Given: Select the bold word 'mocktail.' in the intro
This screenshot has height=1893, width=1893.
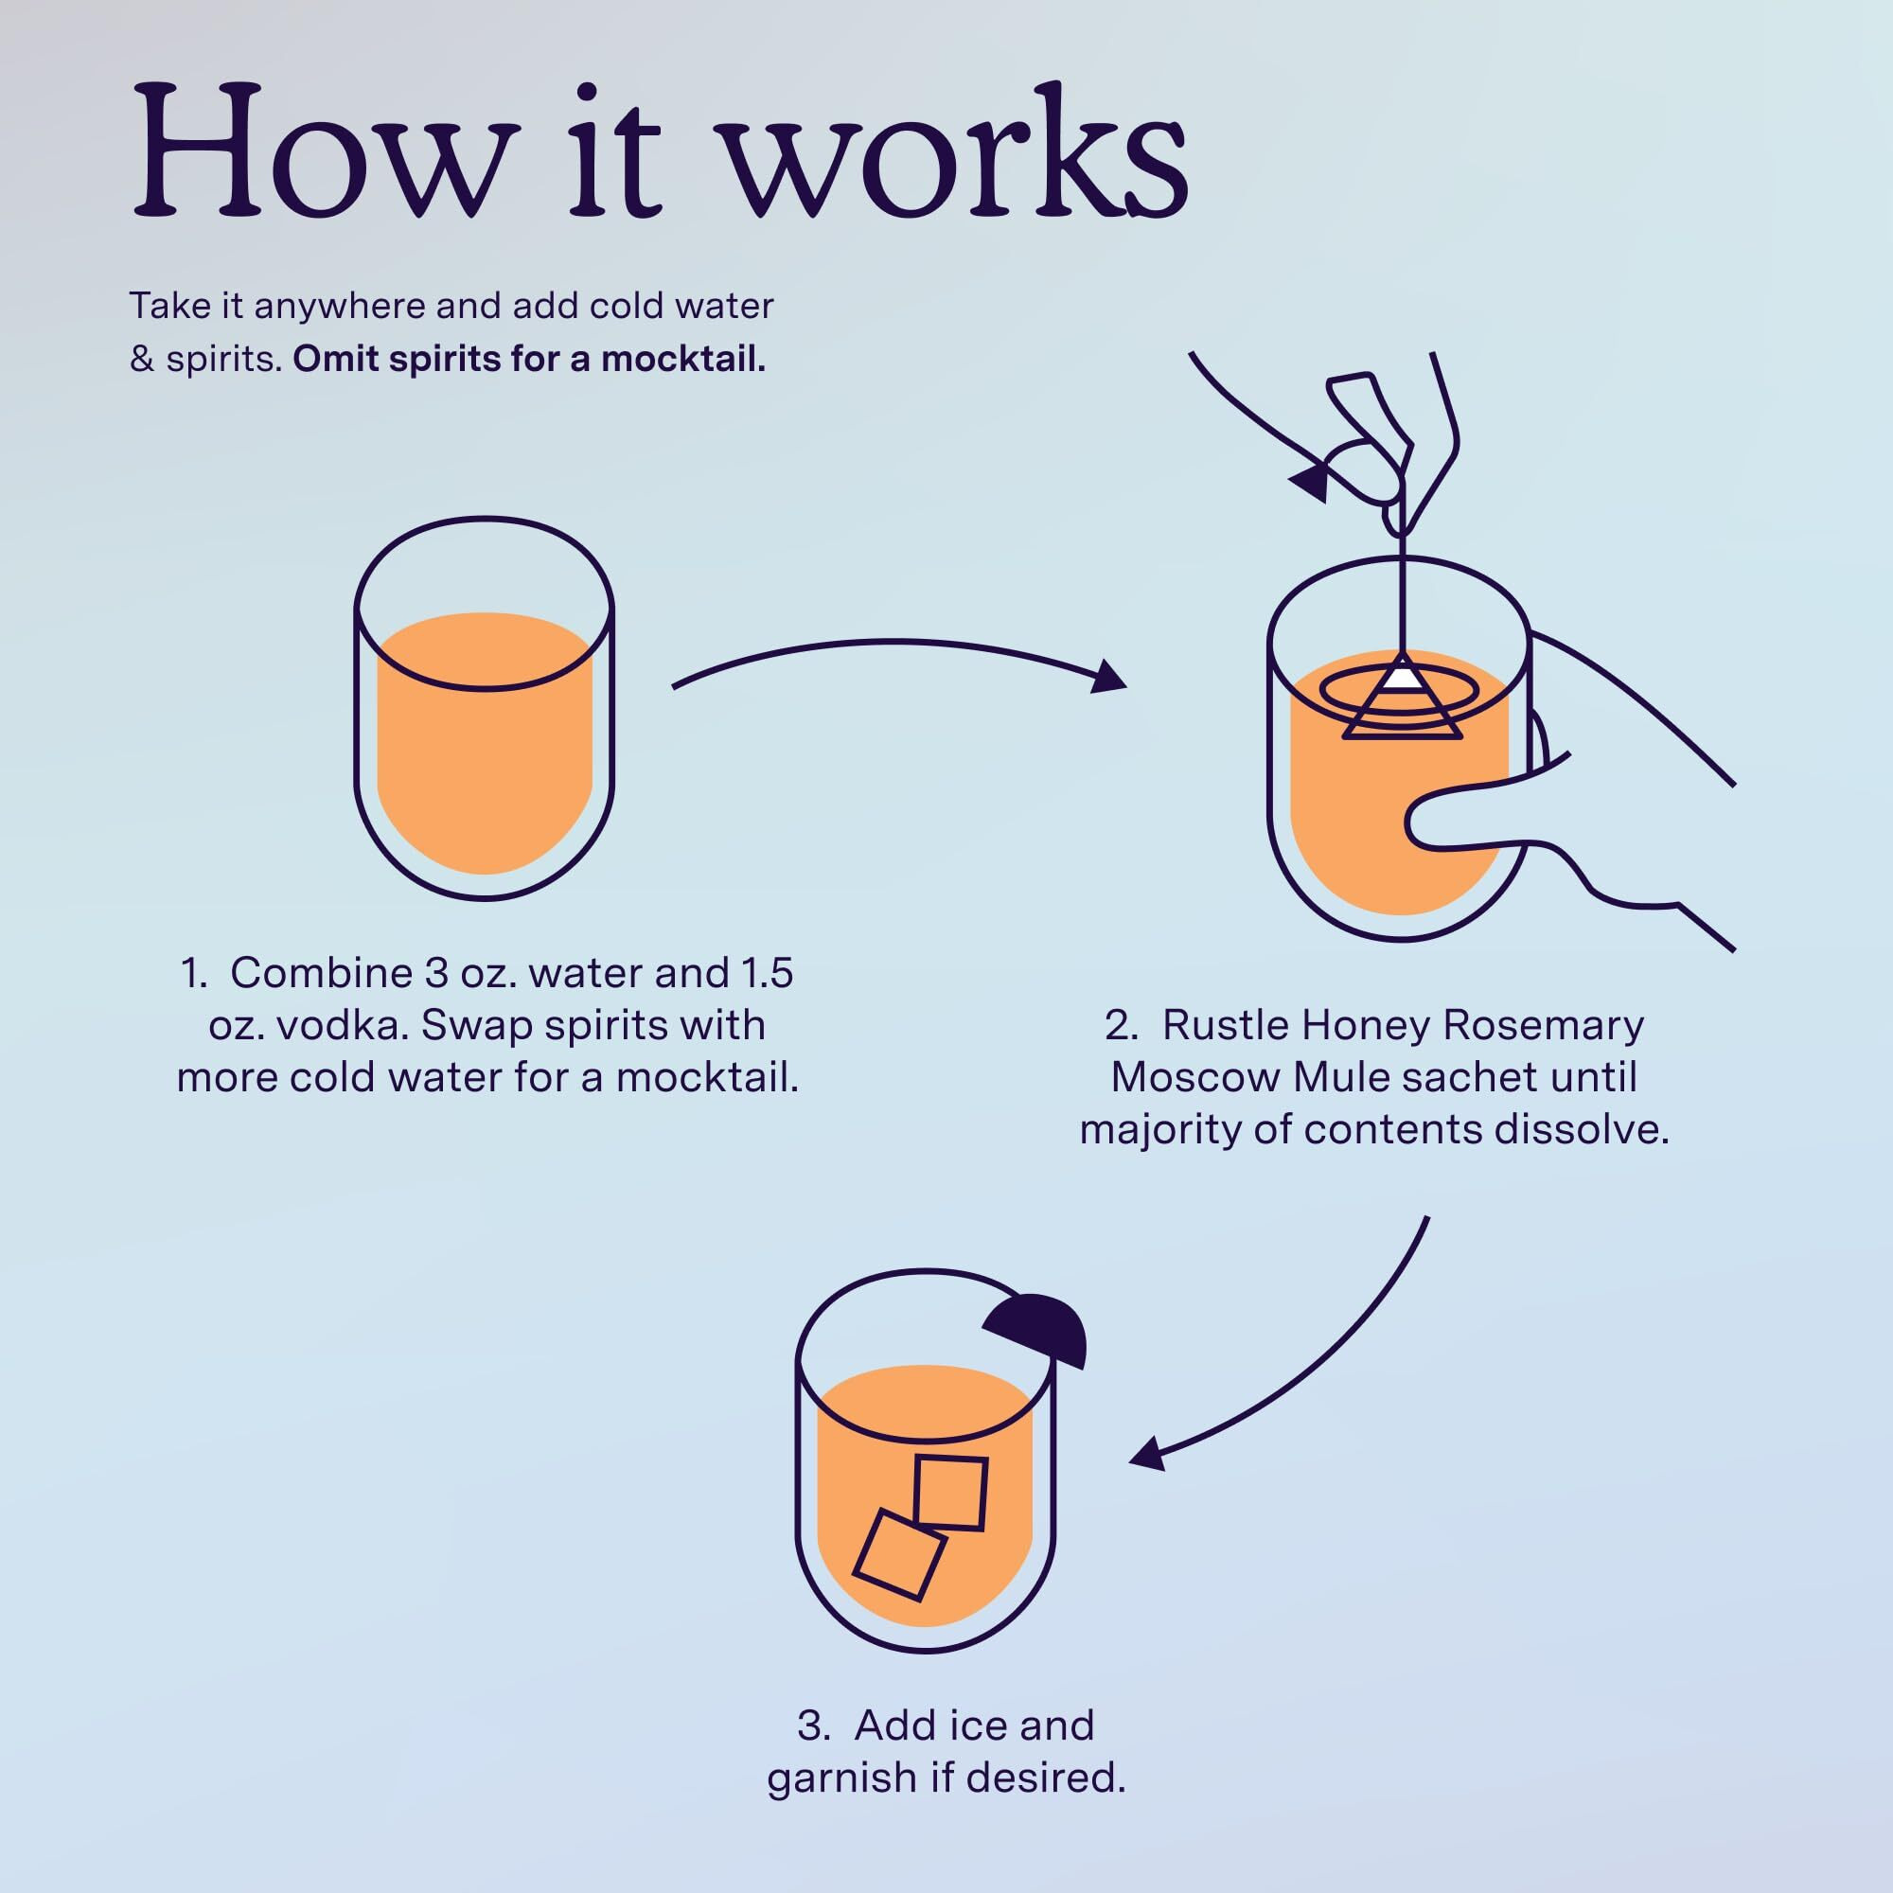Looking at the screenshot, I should [683, 360].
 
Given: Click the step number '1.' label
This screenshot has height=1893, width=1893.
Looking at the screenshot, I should [195, 973].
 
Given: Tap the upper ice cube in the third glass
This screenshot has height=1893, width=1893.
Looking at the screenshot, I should [949, 1493].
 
